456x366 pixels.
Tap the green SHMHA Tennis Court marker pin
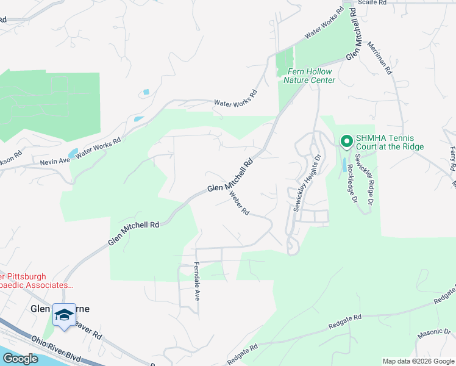pos(346,142)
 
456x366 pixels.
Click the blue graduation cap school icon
pos(64,315)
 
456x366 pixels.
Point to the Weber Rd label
pos(240,203)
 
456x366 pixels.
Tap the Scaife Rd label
pos(372,3)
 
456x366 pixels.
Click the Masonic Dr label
pos(432,335)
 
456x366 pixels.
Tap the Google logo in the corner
pos(20,359)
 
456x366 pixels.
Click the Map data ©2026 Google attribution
pos(418,361)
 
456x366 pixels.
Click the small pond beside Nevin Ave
pos(73,152)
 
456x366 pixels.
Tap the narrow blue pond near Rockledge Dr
pos(345,164)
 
